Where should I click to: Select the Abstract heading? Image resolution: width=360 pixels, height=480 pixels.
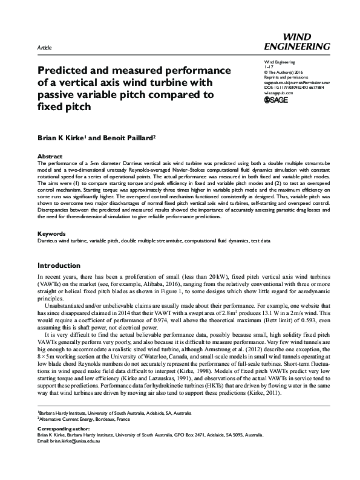click(50, 155)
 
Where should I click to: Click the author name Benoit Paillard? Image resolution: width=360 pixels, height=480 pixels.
click(133, 137)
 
